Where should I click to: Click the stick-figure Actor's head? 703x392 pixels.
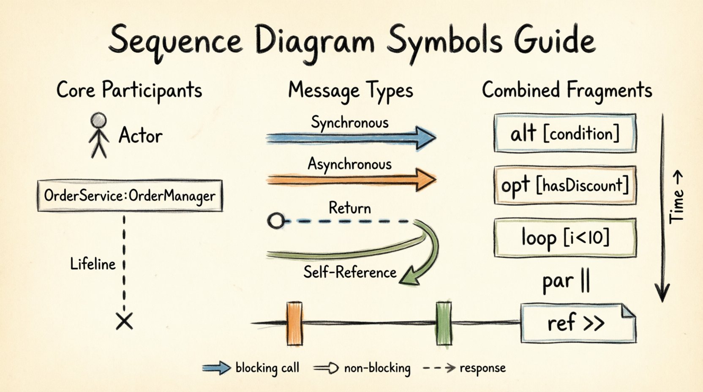pyautogui.click(x=98, y=120)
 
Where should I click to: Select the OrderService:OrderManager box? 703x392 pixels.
pyautogui.click(x=130, y=196)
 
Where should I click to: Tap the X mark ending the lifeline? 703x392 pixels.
pyautogui.click(x=124, y=321)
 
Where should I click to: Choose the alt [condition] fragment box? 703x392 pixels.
pyautogui.click(x=565, y=133)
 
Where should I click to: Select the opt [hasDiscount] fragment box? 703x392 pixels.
pyautogui.click(x=565, y=185)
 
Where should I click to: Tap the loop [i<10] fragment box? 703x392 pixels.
pyautogui.click(x=565, y=237)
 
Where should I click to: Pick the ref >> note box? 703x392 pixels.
pyautogui.click(x=578, y=323)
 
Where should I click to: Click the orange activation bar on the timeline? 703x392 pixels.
pyautogui.click(x=294, y=324)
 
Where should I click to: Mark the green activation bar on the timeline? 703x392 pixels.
pyautogui.click(x=444, y=324)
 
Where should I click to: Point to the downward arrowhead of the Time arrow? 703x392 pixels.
pyautogui.click(x=662, y=293)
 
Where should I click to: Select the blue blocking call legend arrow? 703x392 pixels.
pyautogui.click(x=216, y=368)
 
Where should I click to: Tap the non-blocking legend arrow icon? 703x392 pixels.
pyautogui.click(x=326, y=368)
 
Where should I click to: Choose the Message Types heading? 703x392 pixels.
pyautogui.click(x=350, y=91)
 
